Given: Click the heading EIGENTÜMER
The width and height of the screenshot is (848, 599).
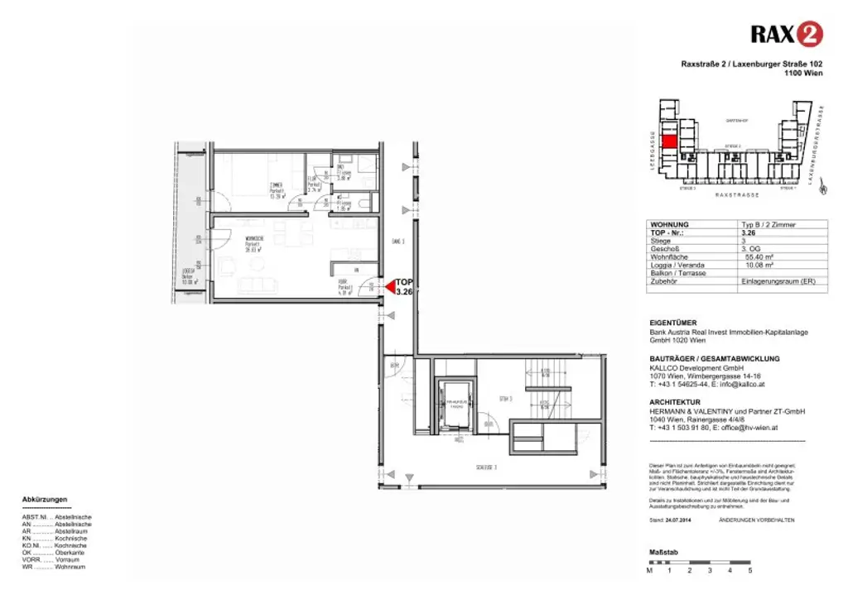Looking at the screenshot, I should pyautogui.click(x=672, y=323).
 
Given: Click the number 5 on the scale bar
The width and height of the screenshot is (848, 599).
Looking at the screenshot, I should pyautogui.click(x=749, y=570).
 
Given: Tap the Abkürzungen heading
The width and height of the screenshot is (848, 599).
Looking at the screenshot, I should pyautogui.click(x=45, y=500).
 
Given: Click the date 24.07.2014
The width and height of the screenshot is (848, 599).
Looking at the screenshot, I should pyautogui.click(x=679, y=519).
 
